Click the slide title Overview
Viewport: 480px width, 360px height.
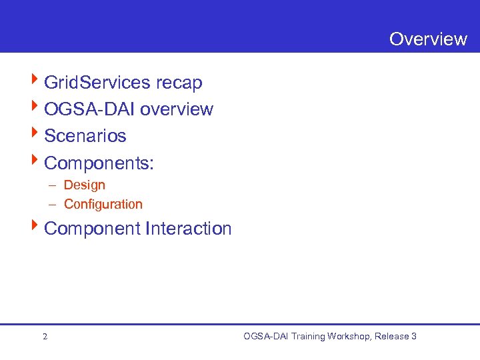[x=428, y=39]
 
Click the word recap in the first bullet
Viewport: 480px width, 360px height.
[x=179, y=83]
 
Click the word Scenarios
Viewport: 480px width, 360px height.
[x=85, y=136]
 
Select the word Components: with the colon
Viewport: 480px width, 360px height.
[x=99, y=163]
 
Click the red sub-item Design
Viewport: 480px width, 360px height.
[x=85, y=185]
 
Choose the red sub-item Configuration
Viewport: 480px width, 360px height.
[x=103, y=204]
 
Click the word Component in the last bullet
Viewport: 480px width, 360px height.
[x=92, y=229]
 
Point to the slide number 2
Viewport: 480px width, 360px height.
[x=45, y=337]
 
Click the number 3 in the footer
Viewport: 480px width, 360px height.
[x=414, y=337]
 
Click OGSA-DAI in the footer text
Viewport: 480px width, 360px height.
[x=267, y=337]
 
